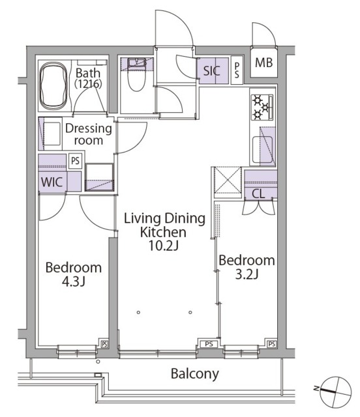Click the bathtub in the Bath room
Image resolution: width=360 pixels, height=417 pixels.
53,86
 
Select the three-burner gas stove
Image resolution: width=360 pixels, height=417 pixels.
262,107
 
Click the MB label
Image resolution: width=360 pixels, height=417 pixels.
264,63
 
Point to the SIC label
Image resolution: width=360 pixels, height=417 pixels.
212,71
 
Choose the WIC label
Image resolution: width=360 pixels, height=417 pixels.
52,182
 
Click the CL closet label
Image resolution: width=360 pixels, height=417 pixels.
258,194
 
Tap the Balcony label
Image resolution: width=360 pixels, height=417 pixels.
194,374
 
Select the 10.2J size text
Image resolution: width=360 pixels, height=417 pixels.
163,246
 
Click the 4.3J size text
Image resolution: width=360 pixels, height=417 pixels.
73,282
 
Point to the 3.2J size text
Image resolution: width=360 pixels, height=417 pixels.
247,274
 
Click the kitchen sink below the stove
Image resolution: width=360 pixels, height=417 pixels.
263,149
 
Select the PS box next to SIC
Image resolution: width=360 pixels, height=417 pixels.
237,70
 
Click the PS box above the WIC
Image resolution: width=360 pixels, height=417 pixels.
76,161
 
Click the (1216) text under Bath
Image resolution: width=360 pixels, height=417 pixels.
88,84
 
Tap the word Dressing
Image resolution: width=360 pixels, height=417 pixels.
89,128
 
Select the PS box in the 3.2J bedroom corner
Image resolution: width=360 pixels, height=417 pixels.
271,344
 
